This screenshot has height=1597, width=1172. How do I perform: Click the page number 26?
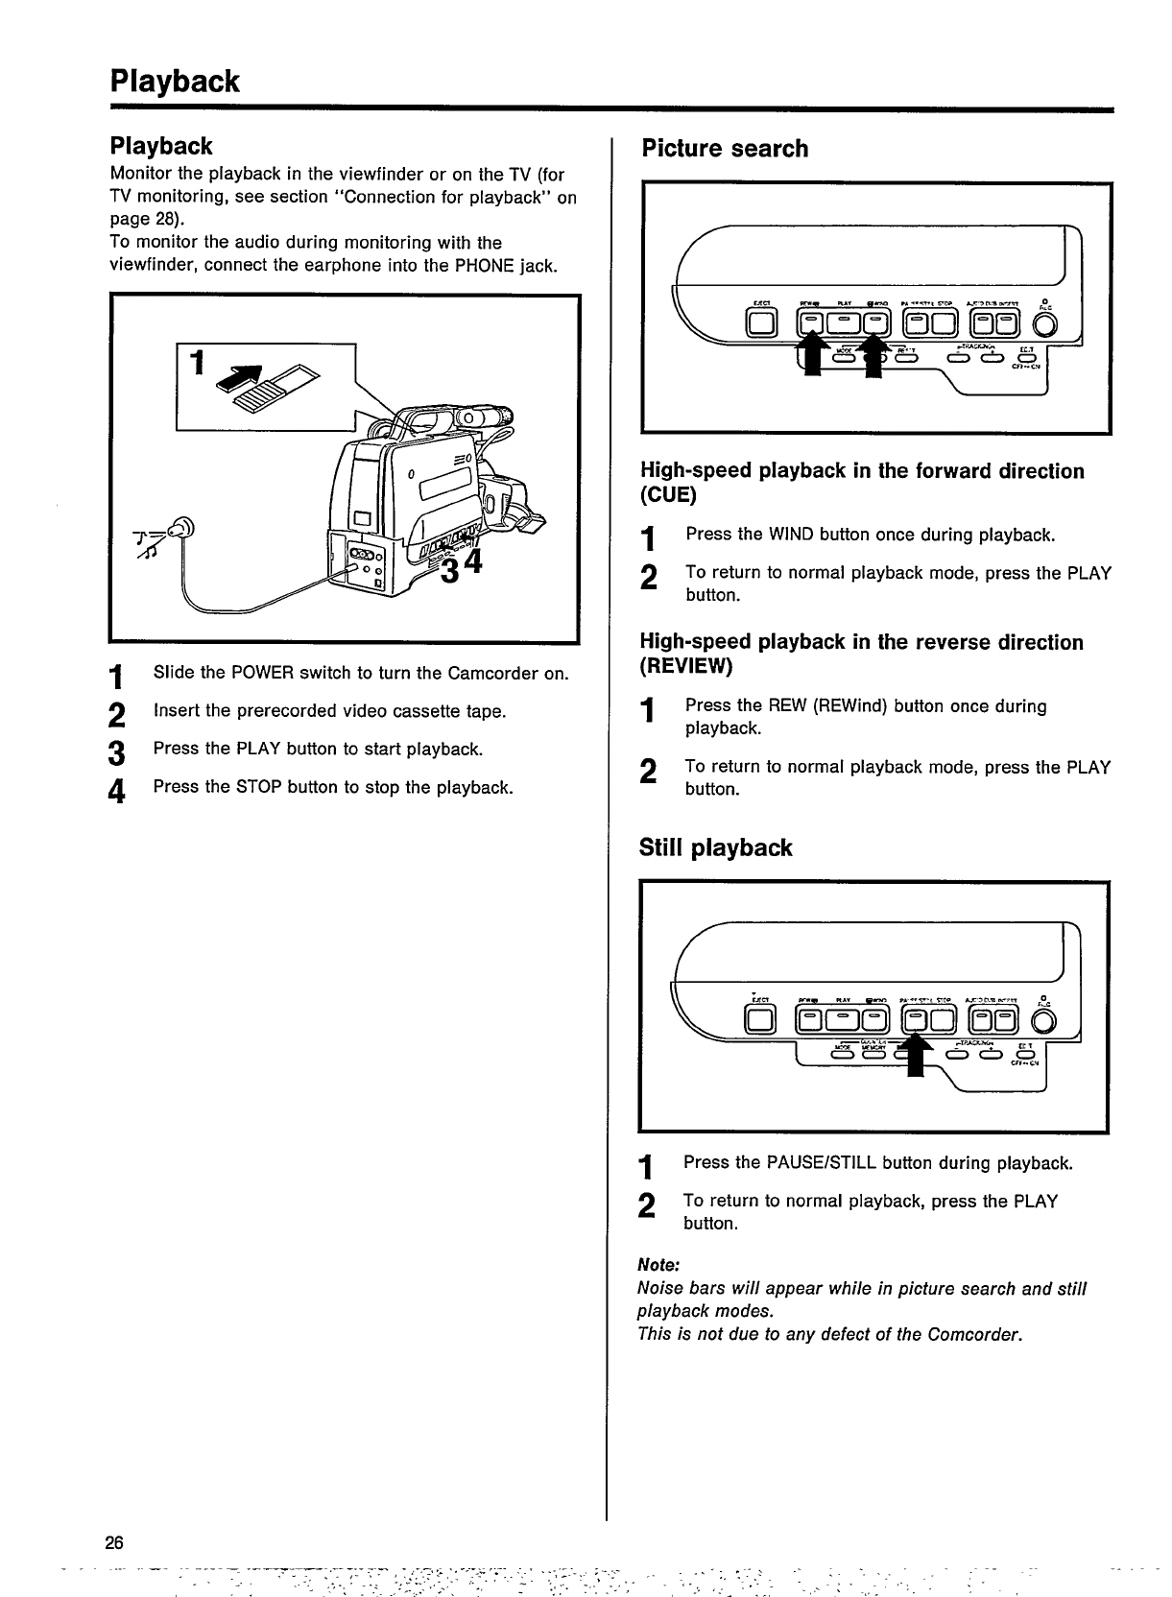(x=115, y=1543)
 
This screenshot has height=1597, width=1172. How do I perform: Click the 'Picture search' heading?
(x=725, y=149)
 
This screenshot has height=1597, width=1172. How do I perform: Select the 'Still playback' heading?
(x=715, y=847)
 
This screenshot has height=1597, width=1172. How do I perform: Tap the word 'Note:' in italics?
(x=658, y=1265)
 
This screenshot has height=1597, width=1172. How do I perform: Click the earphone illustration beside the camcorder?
(x=179, y=528)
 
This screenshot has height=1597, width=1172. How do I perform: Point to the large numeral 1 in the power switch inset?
(x=197, y=364)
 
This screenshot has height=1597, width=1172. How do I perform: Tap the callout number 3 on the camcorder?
(x=449, y=570)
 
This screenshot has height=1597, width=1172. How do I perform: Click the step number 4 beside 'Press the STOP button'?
(x=117, y=792)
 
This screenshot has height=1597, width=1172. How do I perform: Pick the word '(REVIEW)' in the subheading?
(x=685, y=666)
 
